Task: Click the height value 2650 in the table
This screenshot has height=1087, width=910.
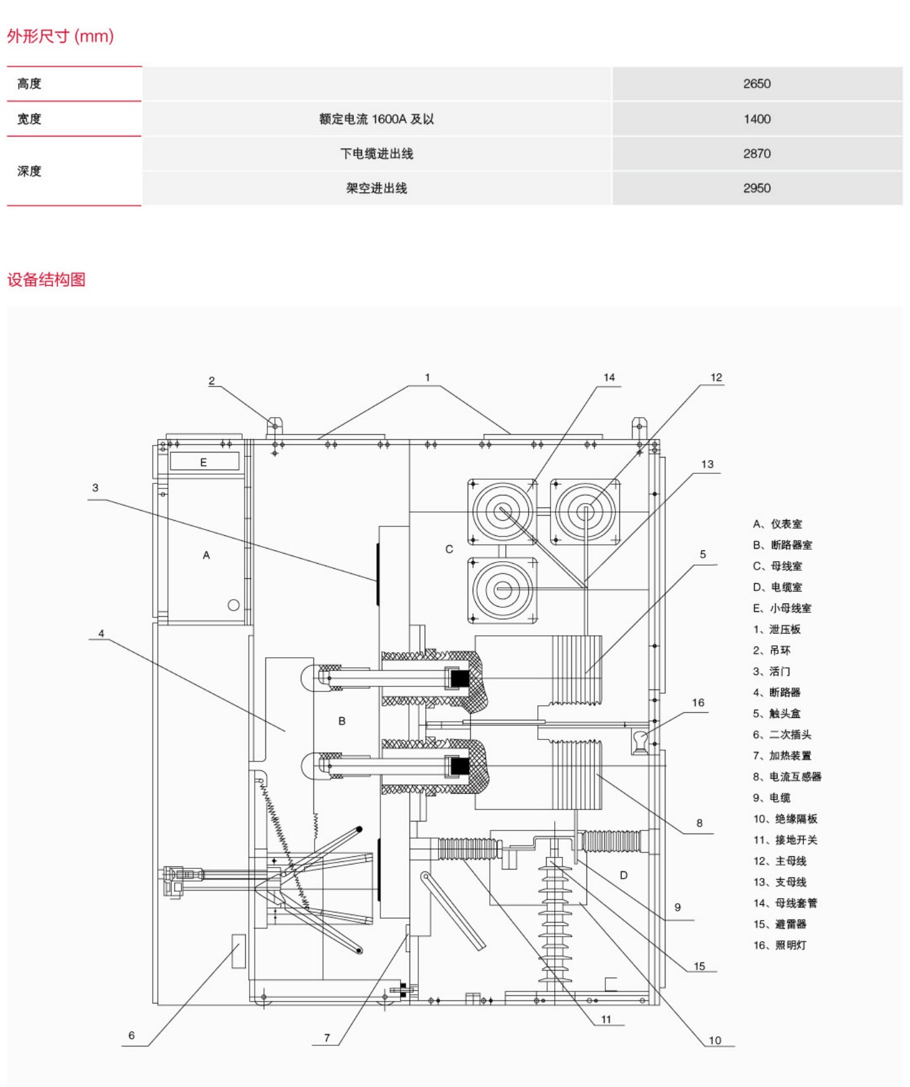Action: (756, 83)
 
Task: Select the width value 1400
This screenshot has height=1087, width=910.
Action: (756, 119)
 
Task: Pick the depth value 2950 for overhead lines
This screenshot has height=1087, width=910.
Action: (756, 188)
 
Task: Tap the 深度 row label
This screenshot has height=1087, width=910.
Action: (29, 171)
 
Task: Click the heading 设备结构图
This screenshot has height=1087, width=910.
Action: (46, 279)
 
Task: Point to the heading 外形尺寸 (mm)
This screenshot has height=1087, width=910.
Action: (60, 36)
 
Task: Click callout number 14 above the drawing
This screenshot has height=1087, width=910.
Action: (609, 377)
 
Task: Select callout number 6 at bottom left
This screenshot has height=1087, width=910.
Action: (131, 1035)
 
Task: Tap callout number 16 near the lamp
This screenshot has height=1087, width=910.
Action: (698, 702)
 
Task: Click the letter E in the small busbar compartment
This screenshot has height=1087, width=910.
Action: (203, 462)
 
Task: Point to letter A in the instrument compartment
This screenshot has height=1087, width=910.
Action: (206, 555)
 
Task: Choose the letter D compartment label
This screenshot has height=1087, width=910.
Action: (623, 875)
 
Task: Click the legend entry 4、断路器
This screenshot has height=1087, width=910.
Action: (776, 692)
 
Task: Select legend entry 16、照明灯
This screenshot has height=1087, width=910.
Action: (779, 945)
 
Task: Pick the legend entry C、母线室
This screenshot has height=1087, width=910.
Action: (777, 566)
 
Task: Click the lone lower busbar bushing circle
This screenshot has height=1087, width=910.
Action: (502, 590)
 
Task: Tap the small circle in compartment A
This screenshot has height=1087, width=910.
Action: (233, 605)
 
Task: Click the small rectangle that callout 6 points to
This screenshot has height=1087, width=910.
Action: (238, 950)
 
